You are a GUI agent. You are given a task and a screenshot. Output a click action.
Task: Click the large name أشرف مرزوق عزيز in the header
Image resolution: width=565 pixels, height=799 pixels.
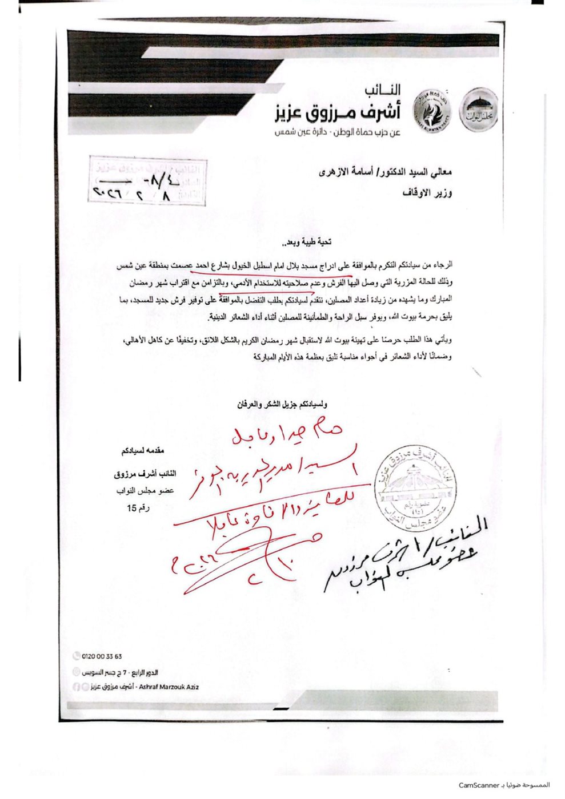pyautogui.click(x=335, y=113)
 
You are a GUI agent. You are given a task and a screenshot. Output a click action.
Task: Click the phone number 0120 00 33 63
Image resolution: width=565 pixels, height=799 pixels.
pyautogui.click(x=102, y=657)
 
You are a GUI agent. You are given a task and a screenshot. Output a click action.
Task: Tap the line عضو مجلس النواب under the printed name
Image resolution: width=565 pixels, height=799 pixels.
pyautogui.click(x=147, y=491)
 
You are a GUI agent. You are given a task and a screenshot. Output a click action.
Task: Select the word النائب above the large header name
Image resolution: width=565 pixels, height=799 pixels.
pyautogui.click(x=382, y=90)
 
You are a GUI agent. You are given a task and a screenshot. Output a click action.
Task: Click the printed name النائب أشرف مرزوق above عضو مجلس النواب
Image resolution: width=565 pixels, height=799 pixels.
pyautogui.click(x=145, y=474)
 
